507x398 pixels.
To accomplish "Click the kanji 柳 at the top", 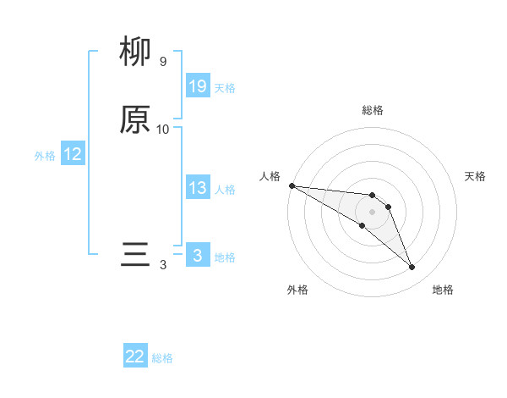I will [x=135, y=53].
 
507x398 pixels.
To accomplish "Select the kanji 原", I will [x=135, y=119].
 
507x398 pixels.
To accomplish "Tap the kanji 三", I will [x=135, y=254].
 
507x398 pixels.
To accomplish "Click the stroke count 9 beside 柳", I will [x=163, y=62].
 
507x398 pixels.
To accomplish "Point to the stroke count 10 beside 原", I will [x=163, y=130].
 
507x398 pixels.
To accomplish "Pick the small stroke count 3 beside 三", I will [x=163, y=264].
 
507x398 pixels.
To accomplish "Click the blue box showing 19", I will [x=198, y=86].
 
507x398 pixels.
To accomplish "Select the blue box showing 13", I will [x=198, y=188].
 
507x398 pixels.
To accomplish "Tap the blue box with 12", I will [x=72, y=154].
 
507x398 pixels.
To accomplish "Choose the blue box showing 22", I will [x=135, y=357].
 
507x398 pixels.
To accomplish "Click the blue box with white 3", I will [x=198, y=255].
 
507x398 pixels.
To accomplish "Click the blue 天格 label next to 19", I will [x=225, y=88].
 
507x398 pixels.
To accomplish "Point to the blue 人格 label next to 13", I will [x=225, y=190].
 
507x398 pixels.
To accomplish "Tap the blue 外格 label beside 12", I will [x=45, y=156].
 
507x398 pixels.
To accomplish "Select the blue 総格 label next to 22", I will [x=162, y=358].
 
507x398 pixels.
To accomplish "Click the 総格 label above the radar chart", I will [x=373, y=110].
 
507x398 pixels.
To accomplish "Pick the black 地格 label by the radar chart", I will [x=443, y=290].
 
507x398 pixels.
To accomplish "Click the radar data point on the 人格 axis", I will [x=292, y=185].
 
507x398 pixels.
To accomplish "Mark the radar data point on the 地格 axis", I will [x=412, y=268].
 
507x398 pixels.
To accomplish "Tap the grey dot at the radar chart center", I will [x=373, y=212].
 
